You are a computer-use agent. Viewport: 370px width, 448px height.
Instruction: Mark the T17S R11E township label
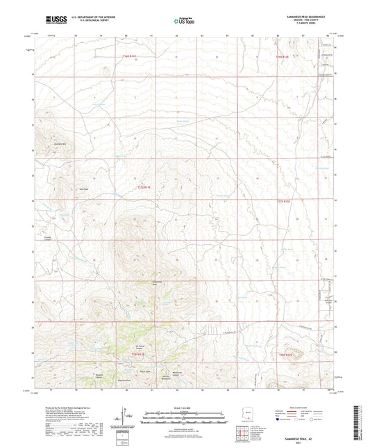(140, 184)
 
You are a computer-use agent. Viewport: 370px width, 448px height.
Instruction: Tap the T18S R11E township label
(139, 354)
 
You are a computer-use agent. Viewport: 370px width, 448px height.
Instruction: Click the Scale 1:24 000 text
(184, 406)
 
